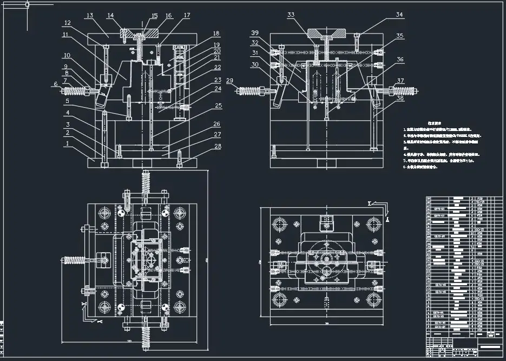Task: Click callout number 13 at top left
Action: [x=90, y=16]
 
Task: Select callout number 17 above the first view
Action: [x=187, y=16]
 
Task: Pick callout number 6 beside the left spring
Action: [x=55, y=84]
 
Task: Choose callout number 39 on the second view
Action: [x=254, y=33]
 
